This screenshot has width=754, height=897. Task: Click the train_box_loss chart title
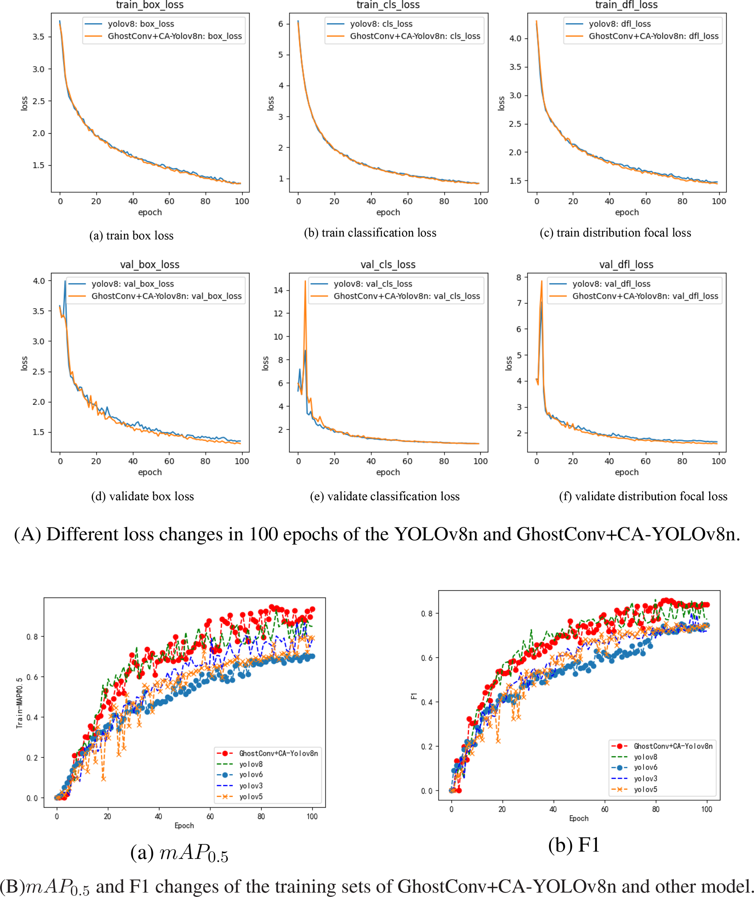[150, 5]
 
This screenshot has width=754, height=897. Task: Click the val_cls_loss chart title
[388, 265]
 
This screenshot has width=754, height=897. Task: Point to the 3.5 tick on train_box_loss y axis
[38, 37]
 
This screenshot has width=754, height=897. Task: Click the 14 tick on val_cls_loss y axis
[278, 290]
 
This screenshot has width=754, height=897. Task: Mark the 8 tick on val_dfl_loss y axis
[518, 278]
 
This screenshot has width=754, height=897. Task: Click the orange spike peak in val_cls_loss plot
[305, 281]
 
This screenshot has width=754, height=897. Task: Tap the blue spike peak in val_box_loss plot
[65, 281]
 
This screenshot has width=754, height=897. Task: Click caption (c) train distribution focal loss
[615, 233]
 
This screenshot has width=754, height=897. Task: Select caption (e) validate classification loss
[385, 496]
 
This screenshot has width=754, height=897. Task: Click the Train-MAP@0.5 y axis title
[19, 703]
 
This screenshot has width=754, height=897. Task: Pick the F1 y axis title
[413, 696]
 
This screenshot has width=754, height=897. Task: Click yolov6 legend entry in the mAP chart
[251, 775]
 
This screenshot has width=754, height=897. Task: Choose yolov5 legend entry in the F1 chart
[645, 789]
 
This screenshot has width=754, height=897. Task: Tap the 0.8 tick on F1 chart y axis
[427, 614]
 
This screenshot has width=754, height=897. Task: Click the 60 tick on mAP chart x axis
[210, 816]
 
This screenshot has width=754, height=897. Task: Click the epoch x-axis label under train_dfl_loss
[627, 212]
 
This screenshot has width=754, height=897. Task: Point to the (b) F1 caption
[574, 845]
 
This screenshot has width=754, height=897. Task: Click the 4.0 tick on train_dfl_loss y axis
[515, 38]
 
